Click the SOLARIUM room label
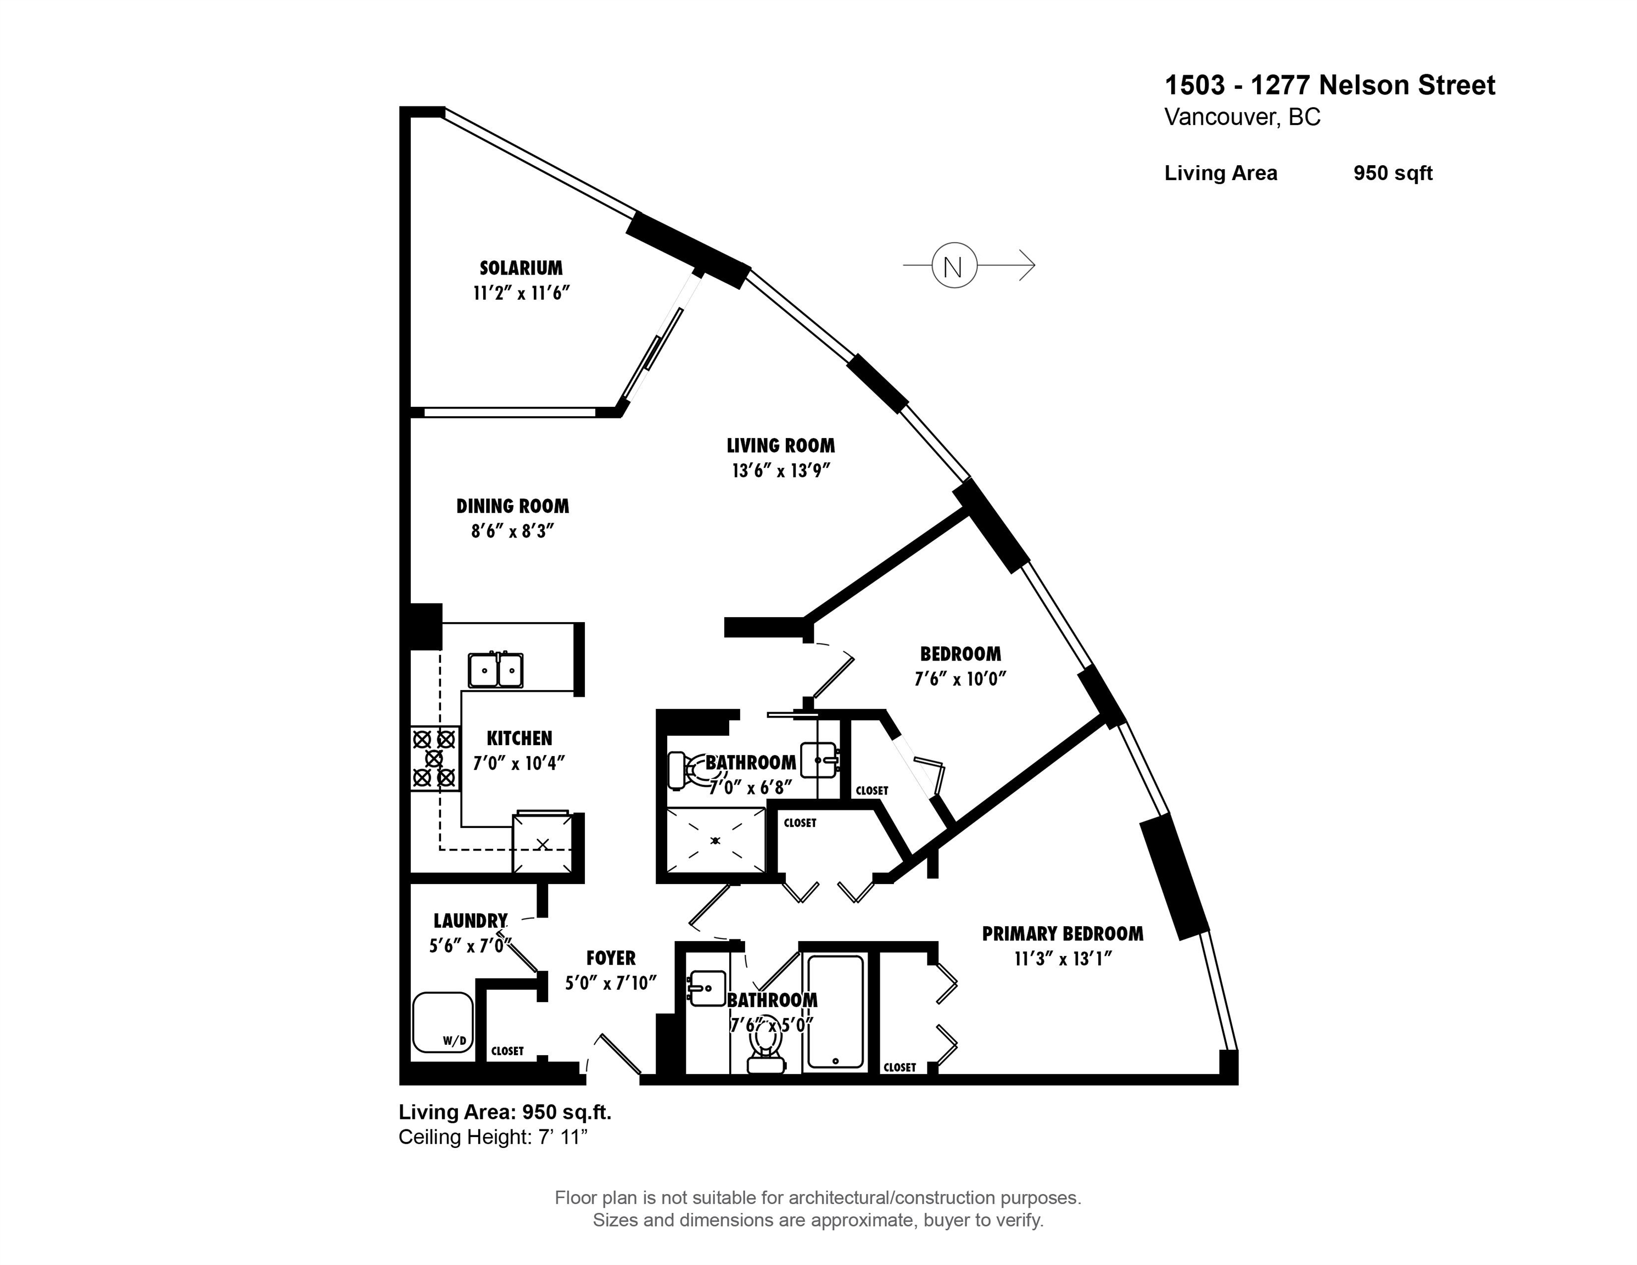pos(521,267)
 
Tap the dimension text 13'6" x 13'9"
pos(781,471)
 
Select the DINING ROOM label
pos(513,506)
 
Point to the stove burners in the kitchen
pos(434,758)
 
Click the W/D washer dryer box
pos(442,1023)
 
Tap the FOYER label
pos(610,958)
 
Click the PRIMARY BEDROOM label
pos(1062,934)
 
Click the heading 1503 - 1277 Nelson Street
pos(1329,86)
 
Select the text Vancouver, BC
pos(1242,117)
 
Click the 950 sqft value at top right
pos(1392,173)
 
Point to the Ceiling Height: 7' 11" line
pos(493,1137)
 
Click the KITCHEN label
pos(519,738)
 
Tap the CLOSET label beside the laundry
pos(507,1051)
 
